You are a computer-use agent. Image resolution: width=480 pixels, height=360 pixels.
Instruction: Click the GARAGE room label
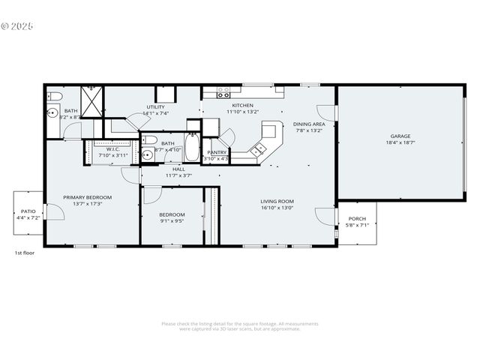coord(399,136)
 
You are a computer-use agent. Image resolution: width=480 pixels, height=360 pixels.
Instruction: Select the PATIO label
coord(28,212)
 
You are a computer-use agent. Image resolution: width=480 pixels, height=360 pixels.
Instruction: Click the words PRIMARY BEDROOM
coord(87,197)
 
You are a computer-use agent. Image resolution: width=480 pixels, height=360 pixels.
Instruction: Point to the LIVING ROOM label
coord(277,201)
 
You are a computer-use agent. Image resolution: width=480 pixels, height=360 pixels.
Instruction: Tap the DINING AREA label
coord(309,124)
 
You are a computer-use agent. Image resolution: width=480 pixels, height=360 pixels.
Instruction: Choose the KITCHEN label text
coord(242,106)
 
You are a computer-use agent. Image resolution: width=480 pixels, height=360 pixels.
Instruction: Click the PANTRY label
coord(217,152)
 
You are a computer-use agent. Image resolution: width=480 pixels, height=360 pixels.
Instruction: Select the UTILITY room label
coord(156,107)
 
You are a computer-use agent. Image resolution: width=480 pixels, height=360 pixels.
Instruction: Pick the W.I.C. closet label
coord(113,149)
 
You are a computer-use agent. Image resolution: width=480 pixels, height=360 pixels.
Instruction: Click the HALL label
coord(179,169)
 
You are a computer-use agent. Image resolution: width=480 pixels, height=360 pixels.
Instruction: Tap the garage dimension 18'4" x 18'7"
coord(399,142)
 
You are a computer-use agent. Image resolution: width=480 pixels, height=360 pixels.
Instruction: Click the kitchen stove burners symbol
coord(223,92)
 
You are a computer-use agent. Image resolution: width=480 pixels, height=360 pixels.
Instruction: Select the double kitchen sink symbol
coord(259,149)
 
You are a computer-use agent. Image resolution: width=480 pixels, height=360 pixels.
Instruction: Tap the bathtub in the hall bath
coord(192,148)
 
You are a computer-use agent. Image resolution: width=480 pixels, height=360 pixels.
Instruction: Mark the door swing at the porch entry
coord(325,217)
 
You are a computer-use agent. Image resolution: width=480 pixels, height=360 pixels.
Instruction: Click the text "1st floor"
coord(25,253)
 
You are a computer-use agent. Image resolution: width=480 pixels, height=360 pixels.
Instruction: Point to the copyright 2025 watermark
coord(17,25)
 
